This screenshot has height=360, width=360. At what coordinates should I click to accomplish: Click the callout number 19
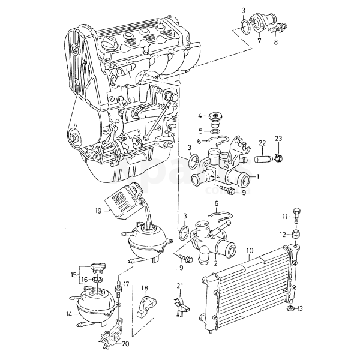98,211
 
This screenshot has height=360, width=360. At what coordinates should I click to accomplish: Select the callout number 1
258,177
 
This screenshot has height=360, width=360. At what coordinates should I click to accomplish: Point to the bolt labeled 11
296,216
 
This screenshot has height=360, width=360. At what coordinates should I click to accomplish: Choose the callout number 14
70,314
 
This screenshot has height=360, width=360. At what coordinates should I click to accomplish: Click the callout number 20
125,344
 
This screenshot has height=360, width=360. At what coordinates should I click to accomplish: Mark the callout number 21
179,287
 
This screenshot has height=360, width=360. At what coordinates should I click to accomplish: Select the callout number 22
262,142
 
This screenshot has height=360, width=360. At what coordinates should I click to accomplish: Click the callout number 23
278,139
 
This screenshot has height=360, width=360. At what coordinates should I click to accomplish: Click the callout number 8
275,43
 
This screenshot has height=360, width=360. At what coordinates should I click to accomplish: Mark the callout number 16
85,279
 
